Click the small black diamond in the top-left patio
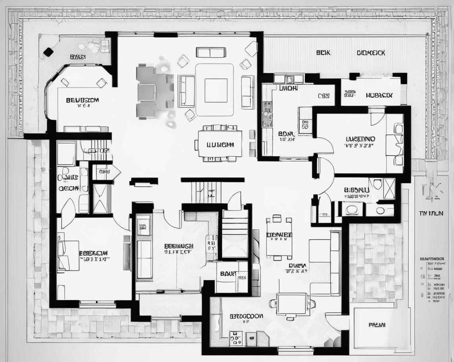click(x=48, y=52)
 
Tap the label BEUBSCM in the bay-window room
click(x=82, y=100)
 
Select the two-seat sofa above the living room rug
click(x=211, y=52)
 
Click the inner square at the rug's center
click(x=216, y=90)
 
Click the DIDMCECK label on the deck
click(x=371, y=52)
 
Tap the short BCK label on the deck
click(x=323, y=52)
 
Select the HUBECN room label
click(x=379, y=95)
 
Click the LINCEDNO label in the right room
click(x=360, y=139)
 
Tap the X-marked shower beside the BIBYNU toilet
click(x=389, y=188)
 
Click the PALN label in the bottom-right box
click(x=377, y=325)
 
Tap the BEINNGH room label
click(x=179, y=246)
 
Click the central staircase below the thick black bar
click(x=206, y=192)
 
